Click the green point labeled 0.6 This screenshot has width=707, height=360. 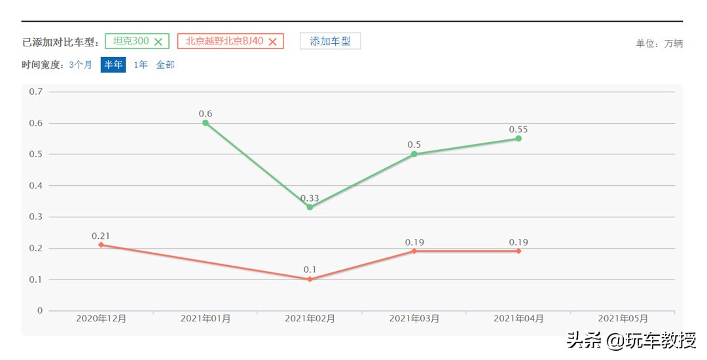[206, 122]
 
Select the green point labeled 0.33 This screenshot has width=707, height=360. [310, 207]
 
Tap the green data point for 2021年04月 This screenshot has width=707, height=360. [518, 138]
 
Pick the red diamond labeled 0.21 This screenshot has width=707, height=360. [101, 245]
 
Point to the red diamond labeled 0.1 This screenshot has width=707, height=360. [310, 279]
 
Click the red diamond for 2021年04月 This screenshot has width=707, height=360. [518, 251]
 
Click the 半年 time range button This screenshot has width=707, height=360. [113, 65]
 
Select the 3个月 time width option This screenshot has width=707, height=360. [81, 65]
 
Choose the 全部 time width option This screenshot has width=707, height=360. [165, 65]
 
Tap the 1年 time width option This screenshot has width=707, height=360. [141, 65]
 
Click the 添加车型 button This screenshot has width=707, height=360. [330, 41]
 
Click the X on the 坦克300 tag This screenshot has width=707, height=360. [158, 41]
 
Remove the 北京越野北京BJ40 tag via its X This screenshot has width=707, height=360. [273, 41]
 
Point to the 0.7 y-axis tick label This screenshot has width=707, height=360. [36, 92]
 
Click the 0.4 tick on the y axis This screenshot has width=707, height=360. [36, 186]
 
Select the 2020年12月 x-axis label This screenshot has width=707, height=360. [101, 319]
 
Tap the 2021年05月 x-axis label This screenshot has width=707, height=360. [623, 319]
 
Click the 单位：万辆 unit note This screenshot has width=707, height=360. [659, 44]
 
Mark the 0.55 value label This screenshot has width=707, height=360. [518, 130]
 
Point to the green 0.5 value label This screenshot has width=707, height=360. [414, 145]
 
